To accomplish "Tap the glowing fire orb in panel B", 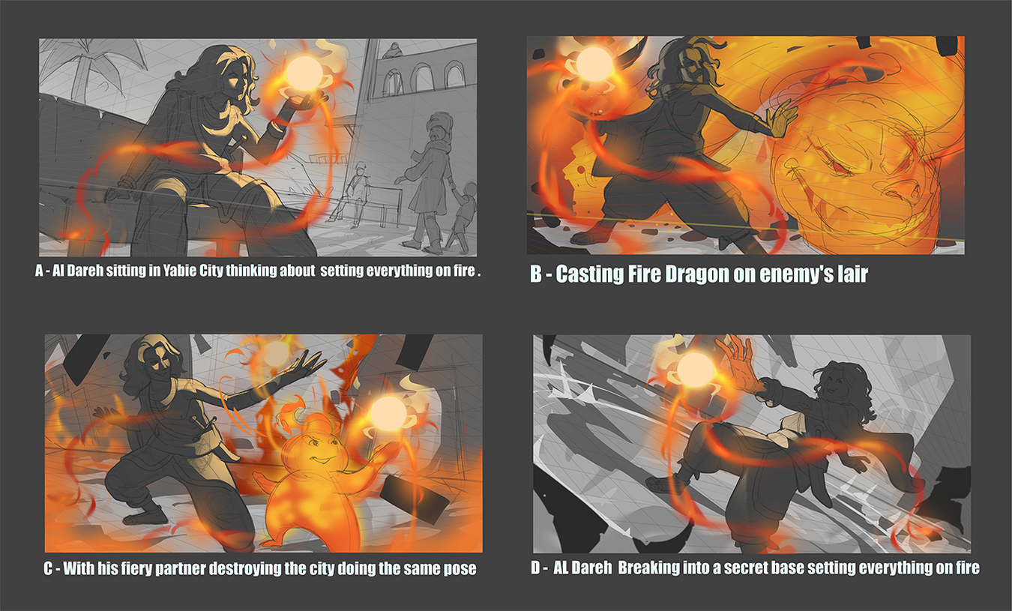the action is [594, 64].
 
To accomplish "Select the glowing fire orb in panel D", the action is [696, 369].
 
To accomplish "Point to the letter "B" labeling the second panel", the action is [536, 274].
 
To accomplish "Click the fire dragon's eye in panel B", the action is [836, 164].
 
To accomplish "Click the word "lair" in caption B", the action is [853, 274].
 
